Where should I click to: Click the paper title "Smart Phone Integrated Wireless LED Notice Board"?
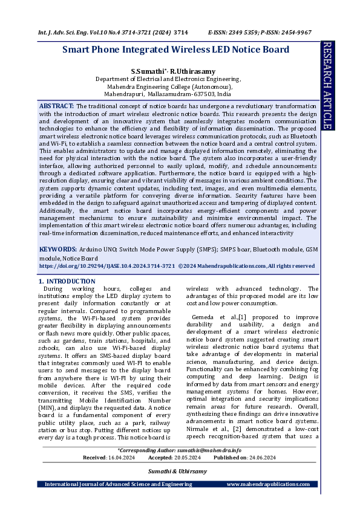pyautogui.click(x=175, y=50)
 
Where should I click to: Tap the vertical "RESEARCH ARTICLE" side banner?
pyautogui.click(x=327, y=85)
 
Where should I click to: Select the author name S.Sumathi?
pyautogui.click(x=148, y=71)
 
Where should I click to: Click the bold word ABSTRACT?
pyautogui.click(x=56, y=106)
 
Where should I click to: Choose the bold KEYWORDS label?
pyautogui.click(x=58, y=249)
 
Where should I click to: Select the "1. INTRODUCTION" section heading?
pyautogui.click(x=67, y=281)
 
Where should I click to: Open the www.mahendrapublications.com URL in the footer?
pyautogui.click(x=270, y=484)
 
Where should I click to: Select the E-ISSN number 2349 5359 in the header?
pyautogui.click(x=247, y=32)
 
